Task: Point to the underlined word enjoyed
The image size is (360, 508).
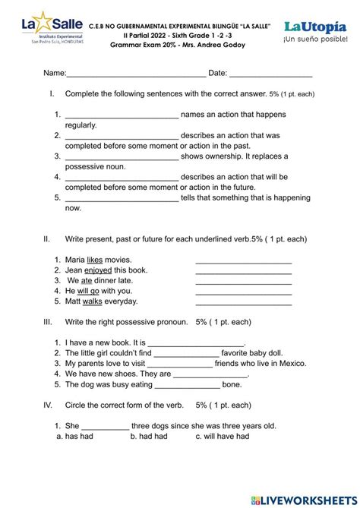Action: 98,270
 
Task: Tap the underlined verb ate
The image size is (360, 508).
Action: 87,280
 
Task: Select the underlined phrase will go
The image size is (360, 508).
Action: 88,291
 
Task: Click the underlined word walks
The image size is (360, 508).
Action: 92,301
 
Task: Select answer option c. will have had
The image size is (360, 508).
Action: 222,437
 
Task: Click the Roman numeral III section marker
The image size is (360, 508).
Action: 48,322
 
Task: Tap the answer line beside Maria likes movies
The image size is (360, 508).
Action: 243,261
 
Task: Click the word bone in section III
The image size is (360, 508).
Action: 232,384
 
